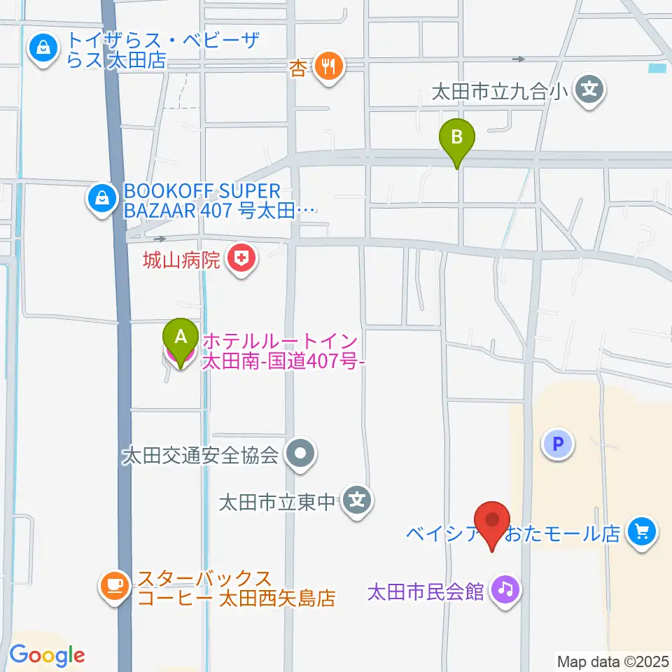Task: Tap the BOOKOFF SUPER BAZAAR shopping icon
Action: coord(103,199)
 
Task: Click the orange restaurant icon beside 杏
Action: coord(328,67)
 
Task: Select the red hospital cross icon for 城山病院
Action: coord(241,261)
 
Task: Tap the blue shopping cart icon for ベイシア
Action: coord(641,533)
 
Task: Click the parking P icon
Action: coord(558,444)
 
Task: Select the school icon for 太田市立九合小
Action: coord(590,90)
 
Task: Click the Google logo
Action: coord(47,656)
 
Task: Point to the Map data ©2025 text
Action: coord(612,661)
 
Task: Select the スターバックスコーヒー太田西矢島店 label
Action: coord(237,589)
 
